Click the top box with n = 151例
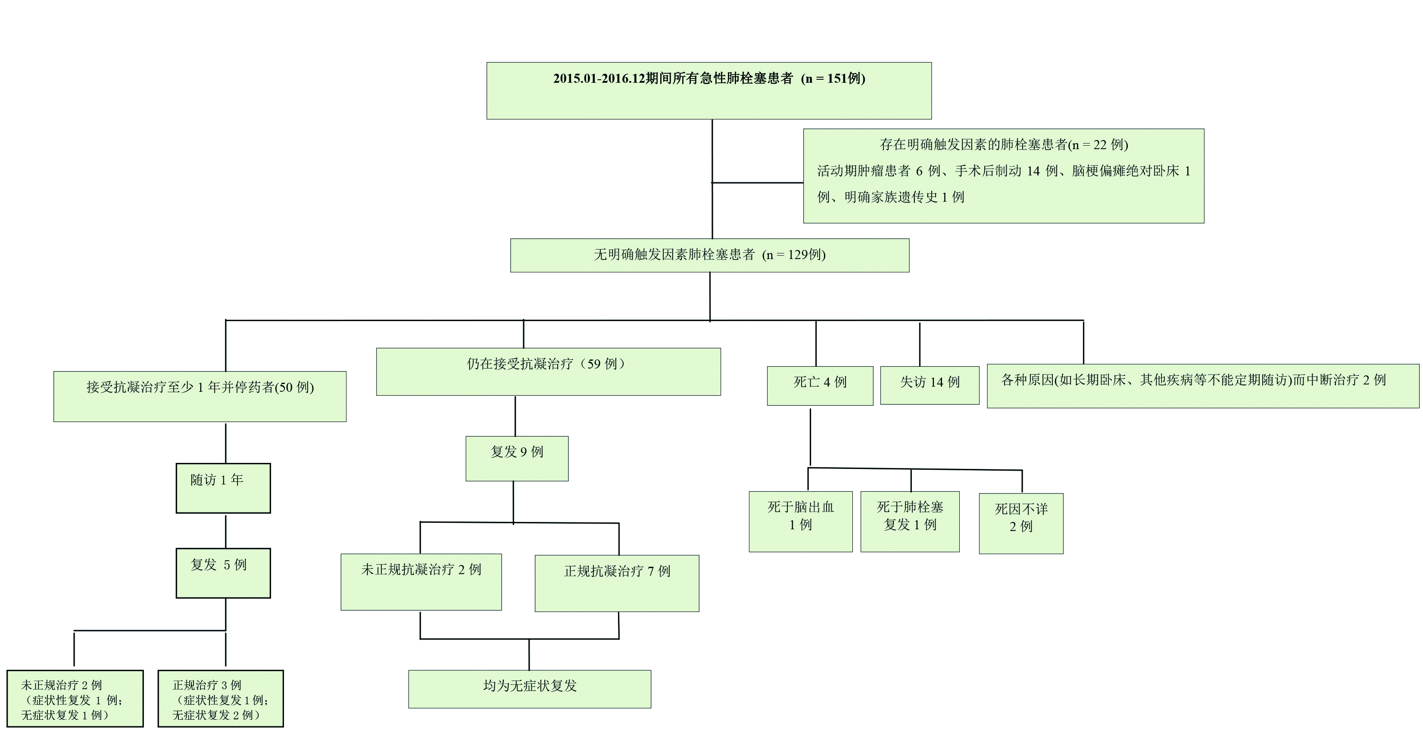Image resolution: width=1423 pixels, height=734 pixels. [x=709, y=91]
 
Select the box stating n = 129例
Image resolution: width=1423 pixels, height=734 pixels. [x=709, y=255]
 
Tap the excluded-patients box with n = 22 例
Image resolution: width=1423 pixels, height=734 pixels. [x=1003, y=175]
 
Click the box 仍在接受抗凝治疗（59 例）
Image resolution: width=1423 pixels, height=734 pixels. [x=548, y=371]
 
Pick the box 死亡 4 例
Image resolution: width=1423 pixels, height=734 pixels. [x=820, y=385]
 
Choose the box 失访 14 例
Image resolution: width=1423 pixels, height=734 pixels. [x=929, y=385]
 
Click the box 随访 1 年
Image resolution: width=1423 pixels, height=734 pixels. [x=223, y=487]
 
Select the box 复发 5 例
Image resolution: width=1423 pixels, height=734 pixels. [x=223, y=573]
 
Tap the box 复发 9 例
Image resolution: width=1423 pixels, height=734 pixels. [x=517, y=459]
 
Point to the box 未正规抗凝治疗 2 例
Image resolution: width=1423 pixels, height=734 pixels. [x=421, y=581]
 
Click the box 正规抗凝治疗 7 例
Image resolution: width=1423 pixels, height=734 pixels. [x=617, y=583]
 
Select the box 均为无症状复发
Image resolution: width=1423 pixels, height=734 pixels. [x=529, y=689]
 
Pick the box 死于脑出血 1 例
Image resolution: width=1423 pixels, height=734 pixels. [x=800, y=522]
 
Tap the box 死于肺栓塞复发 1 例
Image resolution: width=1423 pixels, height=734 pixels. [x=910, y=522]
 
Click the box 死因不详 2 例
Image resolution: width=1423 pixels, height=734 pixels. [x=1021, y=523]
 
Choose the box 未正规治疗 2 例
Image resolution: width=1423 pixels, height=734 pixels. [x=75, y=699]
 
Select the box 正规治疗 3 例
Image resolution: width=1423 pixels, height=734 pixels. [x=220, y=699]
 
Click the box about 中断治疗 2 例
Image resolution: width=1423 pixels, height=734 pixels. [x=1203, y=385]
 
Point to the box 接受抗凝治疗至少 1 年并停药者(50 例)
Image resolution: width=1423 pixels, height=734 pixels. [x=200, y=396]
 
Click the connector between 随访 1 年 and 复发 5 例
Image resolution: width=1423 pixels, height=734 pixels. [x=225, y=531]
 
